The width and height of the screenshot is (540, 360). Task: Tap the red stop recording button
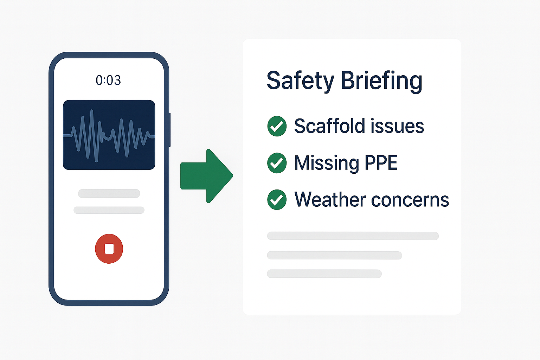109,249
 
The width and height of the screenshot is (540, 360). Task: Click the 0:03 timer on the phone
108,80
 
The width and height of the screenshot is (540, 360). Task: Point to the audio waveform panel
109,135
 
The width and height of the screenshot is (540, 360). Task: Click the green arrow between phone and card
207,176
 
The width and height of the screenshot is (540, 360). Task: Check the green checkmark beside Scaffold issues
277,126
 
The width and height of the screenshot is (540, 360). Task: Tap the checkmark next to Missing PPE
277,163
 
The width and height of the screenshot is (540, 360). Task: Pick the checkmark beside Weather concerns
277,200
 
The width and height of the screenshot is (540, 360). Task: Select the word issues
397,126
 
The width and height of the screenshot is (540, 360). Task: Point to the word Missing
327,163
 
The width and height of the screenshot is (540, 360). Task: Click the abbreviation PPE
381,163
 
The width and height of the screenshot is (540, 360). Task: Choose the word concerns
410,200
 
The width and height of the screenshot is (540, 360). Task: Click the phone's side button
170,130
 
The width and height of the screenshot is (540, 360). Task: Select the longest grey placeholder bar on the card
353,236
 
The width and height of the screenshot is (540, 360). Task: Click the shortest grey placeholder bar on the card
324,274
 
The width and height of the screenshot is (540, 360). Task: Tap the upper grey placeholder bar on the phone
109,193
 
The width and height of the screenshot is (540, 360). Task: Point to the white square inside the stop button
109,249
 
